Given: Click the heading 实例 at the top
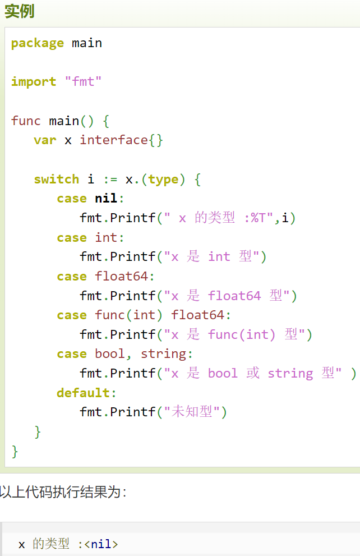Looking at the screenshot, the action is pyautogui.click(x=20, y=11).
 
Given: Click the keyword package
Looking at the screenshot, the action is pyautogui.click(x=38, y=43).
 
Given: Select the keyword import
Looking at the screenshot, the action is pyautogui.click(x=34, y=82).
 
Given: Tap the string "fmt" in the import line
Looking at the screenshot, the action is pyautogui.click(x=83, y=82).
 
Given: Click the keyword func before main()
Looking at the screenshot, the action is pyautogui.click(x=26, y=121).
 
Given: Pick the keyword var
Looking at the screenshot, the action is pyautogui.click(x=45, y=140).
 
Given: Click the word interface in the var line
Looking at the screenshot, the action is pyautogui.click(x=114, y=140).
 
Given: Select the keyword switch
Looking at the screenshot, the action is pyautogui.click(x=56, y=180).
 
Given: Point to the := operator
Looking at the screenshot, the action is pyautogui.click(x=110, y=180).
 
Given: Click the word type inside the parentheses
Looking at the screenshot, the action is pyautogui.click(x=163, y=180).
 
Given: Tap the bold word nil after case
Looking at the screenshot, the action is pyautogui.click(x=106, y=199).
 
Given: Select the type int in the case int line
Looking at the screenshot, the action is pyautogui.click(x=106, y=238).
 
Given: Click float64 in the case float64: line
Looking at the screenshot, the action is pyautogui.click(x=121, y=277).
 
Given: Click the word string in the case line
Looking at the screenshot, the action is pyautogui.click(x=163, y=354).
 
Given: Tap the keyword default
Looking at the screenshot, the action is pyautogui.click(x=83, y=393).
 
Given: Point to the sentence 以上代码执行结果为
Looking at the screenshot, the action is pyautogui.click(x=63, y=493).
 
